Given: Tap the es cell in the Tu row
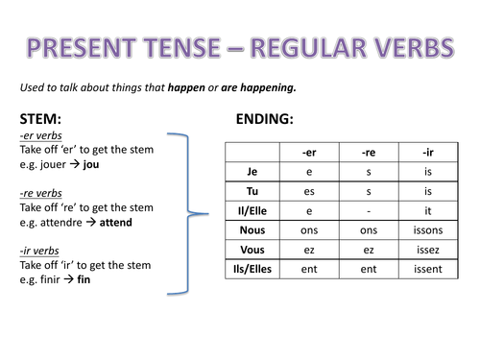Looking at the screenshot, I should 309,192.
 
